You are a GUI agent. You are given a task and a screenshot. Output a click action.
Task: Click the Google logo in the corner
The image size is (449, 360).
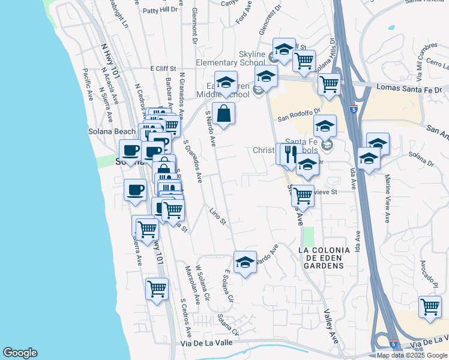[x=20, y=353]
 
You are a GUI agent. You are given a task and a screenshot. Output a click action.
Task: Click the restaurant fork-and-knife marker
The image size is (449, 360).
[x=291, y=154]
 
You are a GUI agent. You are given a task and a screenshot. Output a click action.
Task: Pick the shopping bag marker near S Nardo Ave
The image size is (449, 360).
[x=223, y=113]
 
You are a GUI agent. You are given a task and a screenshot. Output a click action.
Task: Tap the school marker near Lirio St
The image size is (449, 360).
[x=245, y=262]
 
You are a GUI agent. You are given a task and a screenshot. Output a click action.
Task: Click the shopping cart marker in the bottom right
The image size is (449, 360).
[x=430, y=307]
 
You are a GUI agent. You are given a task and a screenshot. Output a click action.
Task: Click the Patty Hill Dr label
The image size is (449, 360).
[x=160, y=10]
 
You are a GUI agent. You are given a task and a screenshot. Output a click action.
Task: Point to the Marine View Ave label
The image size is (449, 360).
[x=388, y=198]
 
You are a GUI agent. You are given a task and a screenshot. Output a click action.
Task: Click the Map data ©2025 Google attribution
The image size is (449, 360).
[x=412, y=355]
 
